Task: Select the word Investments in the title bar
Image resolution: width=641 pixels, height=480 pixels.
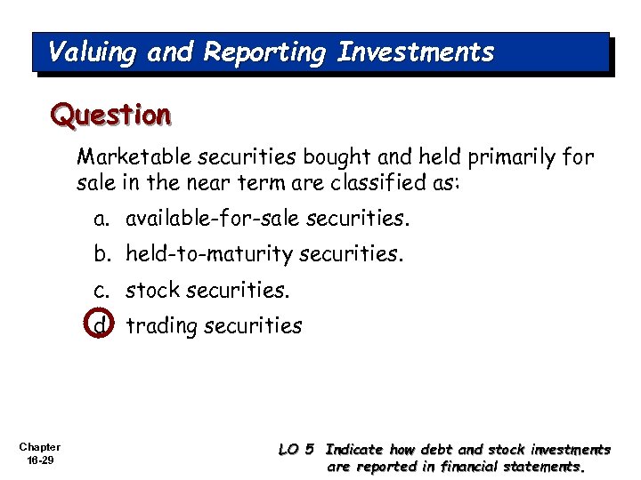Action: point(415,52)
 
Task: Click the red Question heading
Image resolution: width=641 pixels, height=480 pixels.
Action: point(110,115)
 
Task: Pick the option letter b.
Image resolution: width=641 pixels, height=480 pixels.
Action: point(101,255)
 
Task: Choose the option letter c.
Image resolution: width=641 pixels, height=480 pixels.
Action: point(101,291)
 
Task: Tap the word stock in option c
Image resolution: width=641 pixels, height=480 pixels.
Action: point(152,291)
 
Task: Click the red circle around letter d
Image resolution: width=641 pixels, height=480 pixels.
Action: point(102,325)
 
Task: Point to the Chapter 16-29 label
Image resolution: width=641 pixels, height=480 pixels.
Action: point(39,453)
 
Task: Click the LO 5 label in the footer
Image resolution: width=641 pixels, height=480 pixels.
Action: point(296,450)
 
